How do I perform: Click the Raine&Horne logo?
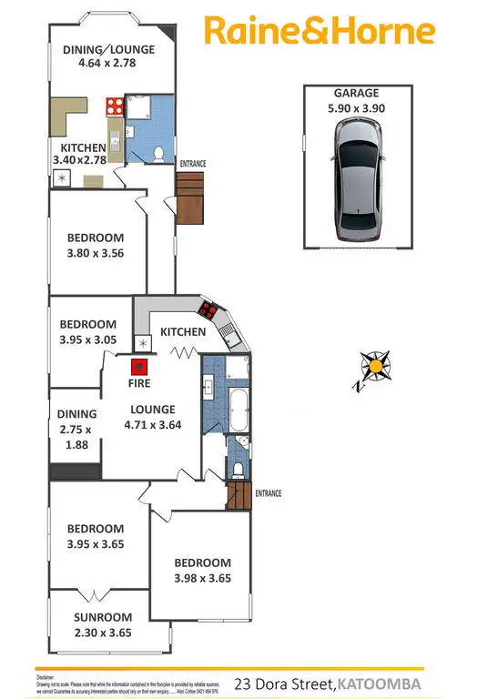tap(319, 31)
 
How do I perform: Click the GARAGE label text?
tap(356, 93)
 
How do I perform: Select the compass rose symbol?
tap(372, 368)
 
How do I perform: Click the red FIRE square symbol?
tap(139, 368)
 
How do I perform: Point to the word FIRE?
tap(139, 386)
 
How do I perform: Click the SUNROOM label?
tap(103, 617)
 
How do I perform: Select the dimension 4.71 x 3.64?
tap(154, 424)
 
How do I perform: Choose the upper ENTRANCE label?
tap(193, 164)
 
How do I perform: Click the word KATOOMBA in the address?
tap(382, 683)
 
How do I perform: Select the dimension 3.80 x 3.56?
tap(97, 256)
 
